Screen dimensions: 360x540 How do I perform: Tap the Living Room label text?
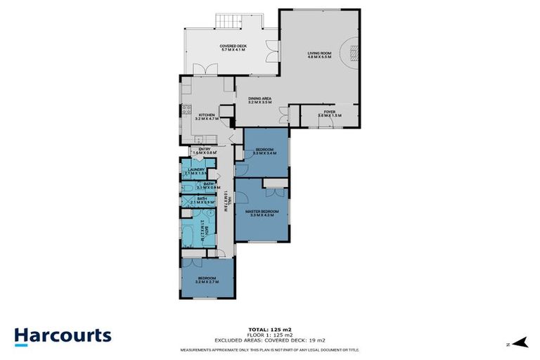319,54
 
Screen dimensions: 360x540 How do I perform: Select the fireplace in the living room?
354,51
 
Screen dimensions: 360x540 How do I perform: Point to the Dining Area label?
260,101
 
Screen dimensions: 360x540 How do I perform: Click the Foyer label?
329,113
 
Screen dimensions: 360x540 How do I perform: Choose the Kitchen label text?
207,117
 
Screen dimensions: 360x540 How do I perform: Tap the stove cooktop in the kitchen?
186,110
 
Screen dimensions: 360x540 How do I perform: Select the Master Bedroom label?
262,212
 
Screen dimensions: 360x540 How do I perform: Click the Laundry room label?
195,171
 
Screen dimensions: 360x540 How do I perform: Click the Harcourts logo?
63,335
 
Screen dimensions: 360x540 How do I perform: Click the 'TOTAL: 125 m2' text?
270,329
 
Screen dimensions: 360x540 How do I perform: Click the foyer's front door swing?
326,124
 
